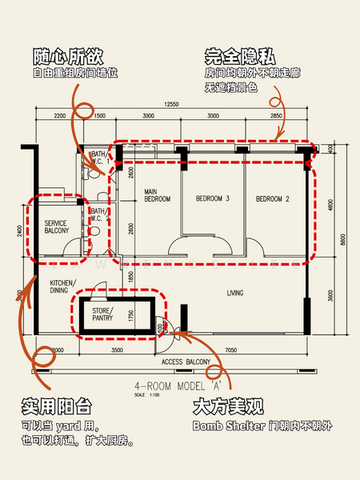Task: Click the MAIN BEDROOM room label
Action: (x=157, y=195)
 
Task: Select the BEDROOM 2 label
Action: (x=272, y=198)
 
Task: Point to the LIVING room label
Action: (x=234, y=293)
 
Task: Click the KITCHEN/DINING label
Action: (x=63, y=287)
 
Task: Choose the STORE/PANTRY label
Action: (x=101, y=314)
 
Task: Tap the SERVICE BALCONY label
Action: (x=56, y=227)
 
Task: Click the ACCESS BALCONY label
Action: (x=186, y=362)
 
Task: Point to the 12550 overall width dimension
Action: (x=171, y=105)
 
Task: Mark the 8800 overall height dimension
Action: (x=342, y=238)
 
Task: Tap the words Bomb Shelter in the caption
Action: (x=225, y=426)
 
